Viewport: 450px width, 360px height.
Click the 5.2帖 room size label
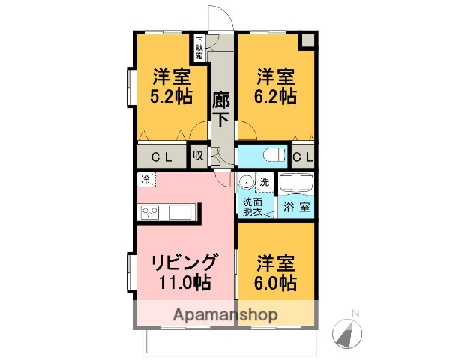pyautogui.click(x=172, y=97)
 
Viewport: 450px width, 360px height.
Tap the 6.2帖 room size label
pyautogui.click(x=276, y=97)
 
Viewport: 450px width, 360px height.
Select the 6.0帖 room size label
pyautogui.click(x=276, y=283)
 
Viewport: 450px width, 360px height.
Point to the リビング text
pyautogui.click(x=184, y=262)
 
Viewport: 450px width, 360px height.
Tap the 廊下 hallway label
pyautogui.click(x=220, y=109)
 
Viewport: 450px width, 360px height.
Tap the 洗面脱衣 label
pyautogui.click(x=252, y=207)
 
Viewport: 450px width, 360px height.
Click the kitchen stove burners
pyautogui.click(x=148, y=212)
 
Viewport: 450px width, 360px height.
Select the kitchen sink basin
pyautogui.click(x=180, y=212)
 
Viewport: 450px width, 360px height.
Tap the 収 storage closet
pyautogui.click(x=197, y=155)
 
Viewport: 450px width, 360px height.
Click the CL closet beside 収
pyautogui.click(x=161, y=156)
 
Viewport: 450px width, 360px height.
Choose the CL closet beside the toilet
pyautogui.click(x=302, y=156)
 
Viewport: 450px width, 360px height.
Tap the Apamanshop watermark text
pyautogui.click(x=225, y=315)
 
